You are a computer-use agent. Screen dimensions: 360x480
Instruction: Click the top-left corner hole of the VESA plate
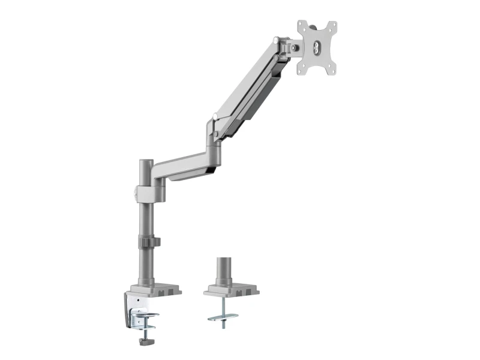[302, 25]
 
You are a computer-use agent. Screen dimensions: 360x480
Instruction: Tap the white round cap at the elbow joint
[215, 117]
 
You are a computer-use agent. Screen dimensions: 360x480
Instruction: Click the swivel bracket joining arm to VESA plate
[292, 46]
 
